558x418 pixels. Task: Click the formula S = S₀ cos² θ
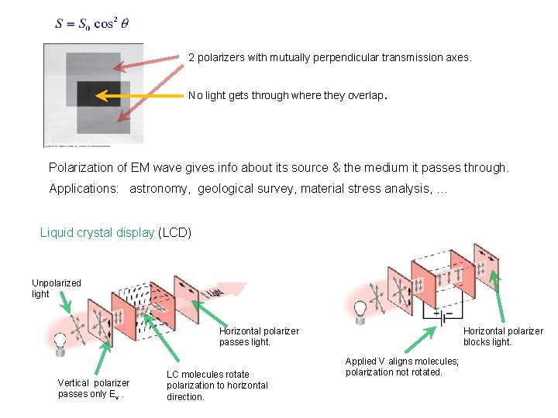coord(91,24)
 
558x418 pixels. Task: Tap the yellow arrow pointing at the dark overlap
coord(139,96)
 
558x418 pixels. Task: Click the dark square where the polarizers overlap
coord(98,94)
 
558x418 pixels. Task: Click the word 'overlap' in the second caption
coord(367,96)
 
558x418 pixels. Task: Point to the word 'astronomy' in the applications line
coord(160,188)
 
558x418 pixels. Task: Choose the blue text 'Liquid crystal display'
coord(97,232)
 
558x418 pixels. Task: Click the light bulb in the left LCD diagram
coord(60,341)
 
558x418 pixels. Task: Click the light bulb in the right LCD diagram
coord(360,309)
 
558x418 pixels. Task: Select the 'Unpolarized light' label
coord(56,288)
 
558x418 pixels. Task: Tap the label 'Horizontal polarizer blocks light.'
coord(503,336)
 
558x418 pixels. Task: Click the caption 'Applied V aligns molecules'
coord(402,366)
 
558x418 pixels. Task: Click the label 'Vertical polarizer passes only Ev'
coord(93,389)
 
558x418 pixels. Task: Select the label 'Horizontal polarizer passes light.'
coord(259,336)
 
